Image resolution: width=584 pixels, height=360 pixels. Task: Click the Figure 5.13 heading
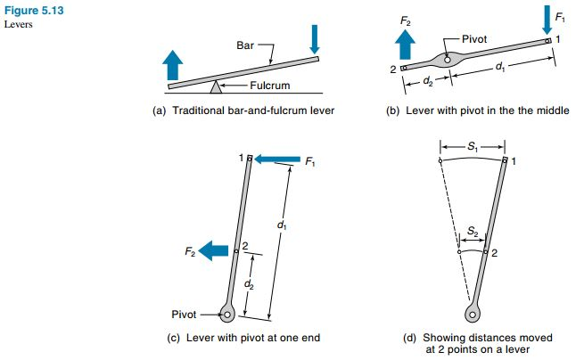29,9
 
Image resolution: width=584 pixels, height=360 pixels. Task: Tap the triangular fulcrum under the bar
215,86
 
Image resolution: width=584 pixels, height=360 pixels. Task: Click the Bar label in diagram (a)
245,44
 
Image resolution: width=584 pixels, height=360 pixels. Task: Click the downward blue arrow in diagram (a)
314,37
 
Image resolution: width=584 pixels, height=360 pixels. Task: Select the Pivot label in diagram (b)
475,40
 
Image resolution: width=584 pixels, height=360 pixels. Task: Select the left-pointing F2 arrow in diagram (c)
215,252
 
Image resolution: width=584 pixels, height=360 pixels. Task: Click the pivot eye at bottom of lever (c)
228,314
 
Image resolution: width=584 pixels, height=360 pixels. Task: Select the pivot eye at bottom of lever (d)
473,313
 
